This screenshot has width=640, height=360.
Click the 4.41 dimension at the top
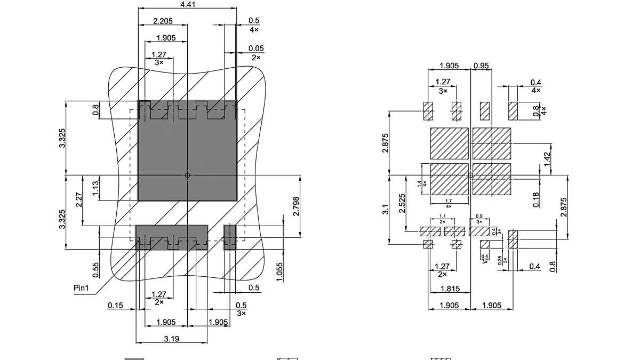(x=187, y=5)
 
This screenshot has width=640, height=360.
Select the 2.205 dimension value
(x=163, y=21)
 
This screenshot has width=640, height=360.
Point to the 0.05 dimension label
(x=256, y=49)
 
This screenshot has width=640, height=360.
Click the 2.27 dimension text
(x=79, y=200)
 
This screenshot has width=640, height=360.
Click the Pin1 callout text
(x=82, y=288)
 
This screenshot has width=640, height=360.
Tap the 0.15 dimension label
(x=115, y=306)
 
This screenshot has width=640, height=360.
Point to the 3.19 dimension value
(x=171, y=339)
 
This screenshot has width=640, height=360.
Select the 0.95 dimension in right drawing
(x=481, y=66)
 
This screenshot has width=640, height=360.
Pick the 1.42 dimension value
(x=547, y=158)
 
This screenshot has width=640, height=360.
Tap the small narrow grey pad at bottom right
(x=229, y=237)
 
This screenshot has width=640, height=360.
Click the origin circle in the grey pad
(x=187, y=175)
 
